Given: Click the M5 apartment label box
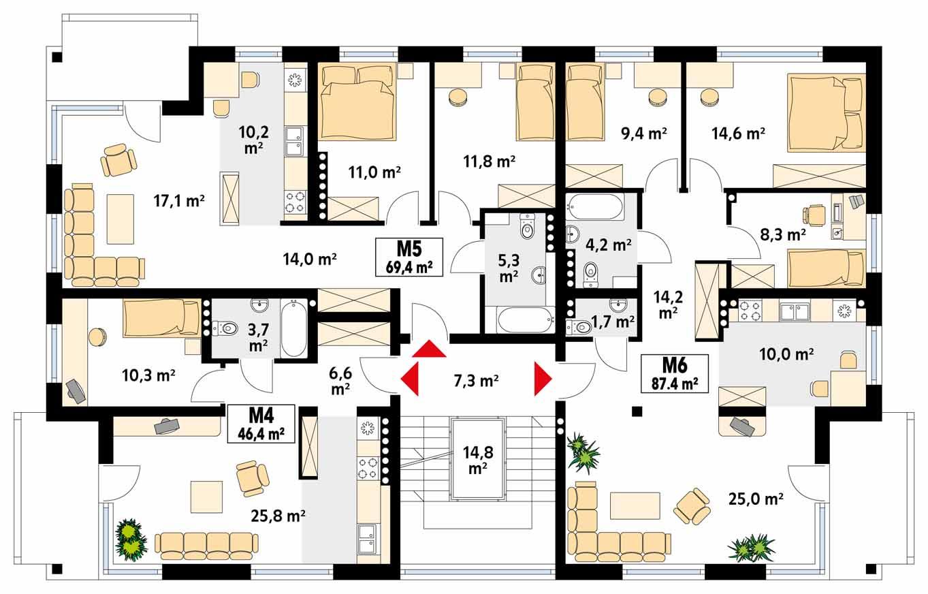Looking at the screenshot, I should click(x=409, y=256).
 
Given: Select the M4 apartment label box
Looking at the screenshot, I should click(x=261, y=423).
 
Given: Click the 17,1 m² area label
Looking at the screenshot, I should click(x=180, y=200).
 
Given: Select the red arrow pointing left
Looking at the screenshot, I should click(x=409, y=381).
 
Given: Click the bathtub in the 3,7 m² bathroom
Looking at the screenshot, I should click(x=293, y=328).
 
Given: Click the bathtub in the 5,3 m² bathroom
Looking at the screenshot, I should click(x=523, y=319).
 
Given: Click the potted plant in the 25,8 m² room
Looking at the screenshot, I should click(x=131, y=538).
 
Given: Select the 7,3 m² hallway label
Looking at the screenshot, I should click(x=477, y=381).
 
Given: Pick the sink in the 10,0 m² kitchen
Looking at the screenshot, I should click(x=794, y=312).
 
